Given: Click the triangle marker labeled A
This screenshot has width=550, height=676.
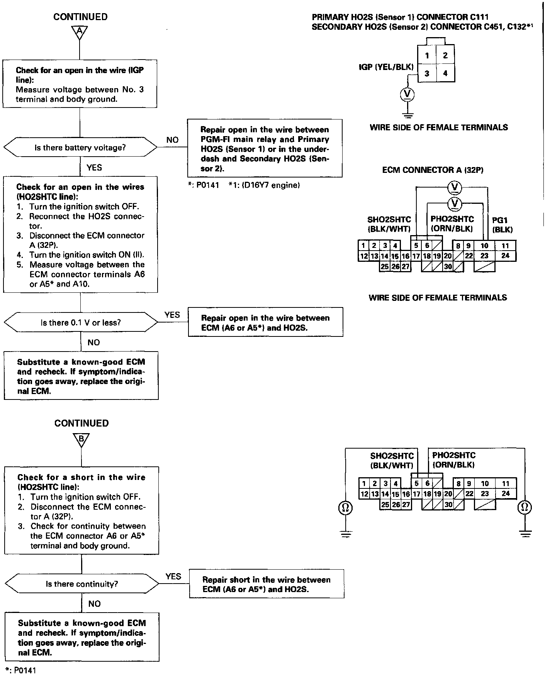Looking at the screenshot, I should (79, 32).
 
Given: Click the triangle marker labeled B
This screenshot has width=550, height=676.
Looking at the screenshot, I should (81, 439).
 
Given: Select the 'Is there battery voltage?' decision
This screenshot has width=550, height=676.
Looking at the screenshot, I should (80, 147).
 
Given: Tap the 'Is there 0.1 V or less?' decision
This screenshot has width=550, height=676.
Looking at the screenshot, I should (81, 322).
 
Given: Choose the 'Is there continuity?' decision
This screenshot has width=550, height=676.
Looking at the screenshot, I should (81, 584).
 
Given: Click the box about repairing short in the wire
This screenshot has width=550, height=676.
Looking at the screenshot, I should (266, 584).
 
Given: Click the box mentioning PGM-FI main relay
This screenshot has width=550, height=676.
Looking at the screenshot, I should (265, 149).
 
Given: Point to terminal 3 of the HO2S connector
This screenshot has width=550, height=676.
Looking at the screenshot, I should (426, 73).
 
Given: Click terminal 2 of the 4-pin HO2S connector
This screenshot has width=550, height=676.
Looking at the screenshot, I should (445, 55).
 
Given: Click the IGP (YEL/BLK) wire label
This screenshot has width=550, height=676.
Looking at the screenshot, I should (386, 67).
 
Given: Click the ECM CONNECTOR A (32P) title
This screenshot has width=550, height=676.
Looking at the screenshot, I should (433, 170).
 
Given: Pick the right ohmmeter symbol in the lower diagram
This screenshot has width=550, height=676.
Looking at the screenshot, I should (525, 507).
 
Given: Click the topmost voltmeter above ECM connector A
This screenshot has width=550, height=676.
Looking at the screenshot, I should (454, 188).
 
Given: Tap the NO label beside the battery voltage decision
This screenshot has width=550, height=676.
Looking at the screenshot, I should (172, 140).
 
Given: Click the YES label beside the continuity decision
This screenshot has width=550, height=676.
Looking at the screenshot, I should (173, 576).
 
